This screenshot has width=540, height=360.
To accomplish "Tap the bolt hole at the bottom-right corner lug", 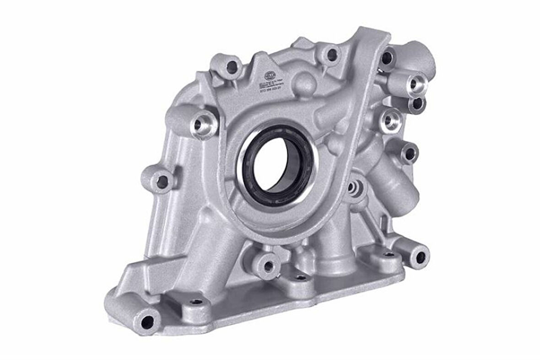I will (419, 257).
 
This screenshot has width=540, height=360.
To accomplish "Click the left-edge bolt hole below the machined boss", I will (162, 182).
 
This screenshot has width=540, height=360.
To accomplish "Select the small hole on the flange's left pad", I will (196, 301).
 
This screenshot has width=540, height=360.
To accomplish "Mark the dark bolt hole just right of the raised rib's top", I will (387, 58).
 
